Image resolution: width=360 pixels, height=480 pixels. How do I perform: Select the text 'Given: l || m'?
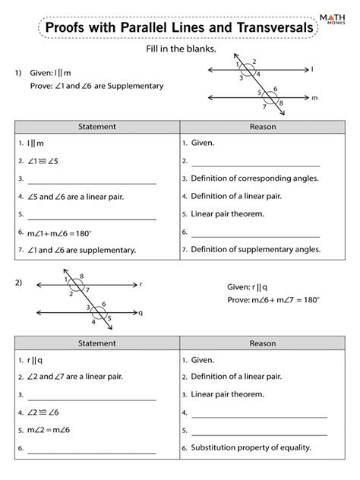(x=52, y=73)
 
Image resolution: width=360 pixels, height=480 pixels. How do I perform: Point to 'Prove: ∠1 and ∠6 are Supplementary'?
(x=93, y=87)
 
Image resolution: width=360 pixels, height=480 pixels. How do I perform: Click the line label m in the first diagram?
(x=314, y=99)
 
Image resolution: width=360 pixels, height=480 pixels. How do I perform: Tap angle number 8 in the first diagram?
(x=281, y=103)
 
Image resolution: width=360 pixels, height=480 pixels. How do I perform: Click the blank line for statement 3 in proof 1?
(x=91, y=179)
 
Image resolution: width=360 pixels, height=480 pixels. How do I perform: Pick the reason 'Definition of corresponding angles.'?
(x=254, y=178)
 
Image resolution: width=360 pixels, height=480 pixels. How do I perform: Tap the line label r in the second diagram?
(x=141, y=285)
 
